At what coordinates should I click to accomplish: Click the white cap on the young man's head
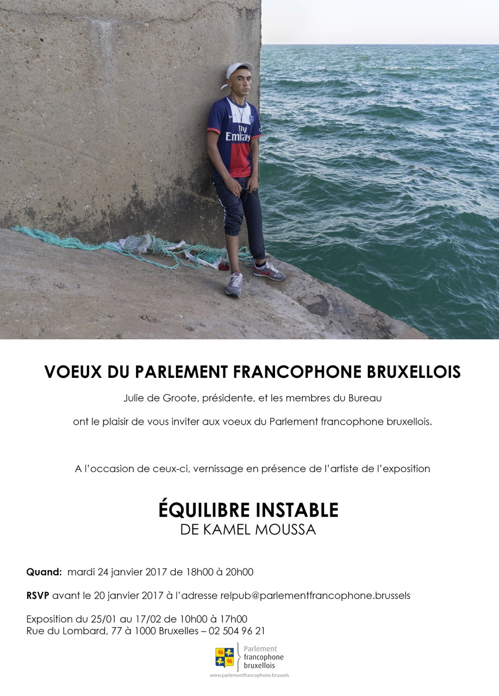pos(239,71)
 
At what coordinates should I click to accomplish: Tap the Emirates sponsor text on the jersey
pos(238,133)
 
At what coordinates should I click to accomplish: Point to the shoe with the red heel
pos(269,271)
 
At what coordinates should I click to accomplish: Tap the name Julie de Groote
pos(160,398)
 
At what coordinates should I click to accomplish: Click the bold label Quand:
pos(44,572)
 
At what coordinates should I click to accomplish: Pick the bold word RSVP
pos(38,595)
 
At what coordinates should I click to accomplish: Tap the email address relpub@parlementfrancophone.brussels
pos(315,595)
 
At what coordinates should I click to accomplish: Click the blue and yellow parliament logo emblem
pos(224,657)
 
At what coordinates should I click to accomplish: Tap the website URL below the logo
pos(249,675)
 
